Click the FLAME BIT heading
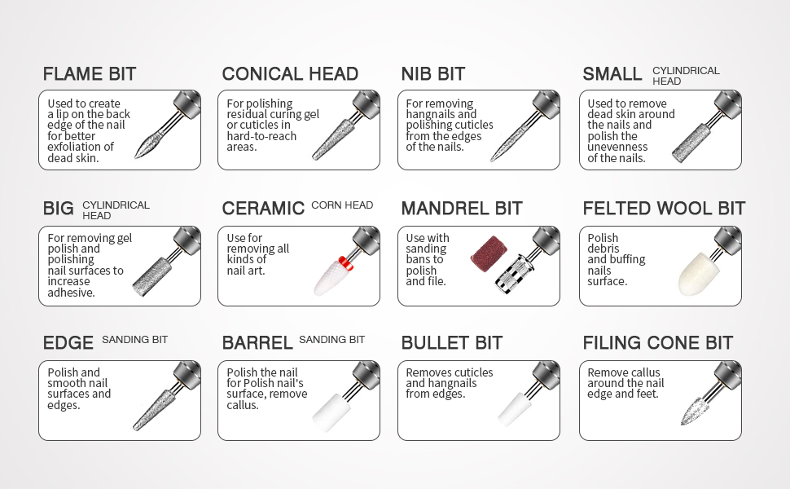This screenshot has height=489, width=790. click(x=90, y=74)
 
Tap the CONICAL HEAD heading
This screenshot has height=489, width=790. click(x=290, y=74)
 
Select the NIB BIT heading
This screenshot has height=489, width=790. click(x=433, y=74)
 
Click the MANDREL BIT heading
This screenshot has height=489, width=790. click(x=462, y=209)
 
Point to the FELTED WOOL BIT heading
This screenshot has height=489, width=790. click(x=664, y=209)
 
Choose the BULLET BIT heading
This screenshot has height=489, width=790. click(x=452, y=343)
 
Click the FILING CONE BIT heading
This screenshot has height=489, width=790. click(x=658, y=343)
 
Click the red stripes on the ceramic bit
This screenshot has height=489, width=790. click(x=345, y=262)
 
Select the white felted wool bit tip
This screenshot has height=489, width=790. click(x=696, y=271)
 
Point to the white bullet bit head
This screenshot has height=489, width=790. click(x=514, y=407)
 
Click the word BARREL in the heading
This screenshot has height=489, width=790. click(x=257, y=343)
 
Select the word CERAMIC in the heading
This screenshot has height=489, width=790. click(x=263, y=209)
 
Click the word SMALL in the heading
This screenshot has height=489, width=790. click(x=612, y=74)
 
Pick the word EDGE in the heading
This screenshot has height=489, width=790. click(x=68, y=343)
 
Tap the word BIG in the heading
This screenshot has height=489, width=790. click(x=59, y=209)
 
